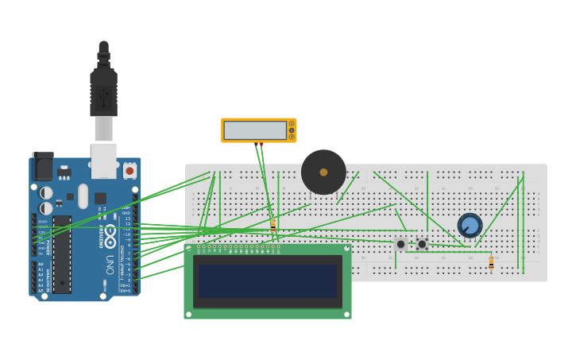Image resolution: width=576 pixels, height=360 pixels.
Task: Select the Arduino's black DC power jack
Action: point(43,166)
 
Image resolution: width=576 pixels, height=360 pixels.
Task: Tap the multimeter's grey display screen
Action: point(254,130)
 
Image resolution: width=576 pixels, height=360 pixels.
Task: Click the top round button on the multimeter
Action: point(292,123)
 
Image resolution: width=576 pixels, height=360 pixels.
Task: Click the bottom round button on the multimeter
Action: point(292,137)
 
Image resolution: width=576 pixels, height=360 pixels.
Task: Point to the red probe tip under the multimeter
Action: point(260,144)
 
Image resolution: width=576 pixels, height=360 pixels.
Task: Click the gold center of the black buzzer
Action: point(323,172)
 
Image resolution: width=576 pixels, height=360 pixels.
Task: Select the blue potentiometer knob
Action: point(470,226)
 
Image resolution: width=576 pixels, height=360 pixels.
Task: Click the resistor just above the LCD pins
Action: point(273,226)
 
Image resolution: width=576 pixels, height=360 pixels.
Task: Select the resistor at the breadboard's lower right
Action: point(491,262)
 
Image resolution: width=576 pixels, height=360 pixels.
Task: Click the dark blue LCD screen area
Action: point(268,281)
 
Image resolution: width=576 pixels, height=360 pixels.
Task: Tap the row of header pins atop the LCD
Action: point(238,249)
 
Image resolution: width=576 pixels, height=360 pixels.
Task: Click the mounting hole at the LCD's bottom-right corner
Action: point(346,314)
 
